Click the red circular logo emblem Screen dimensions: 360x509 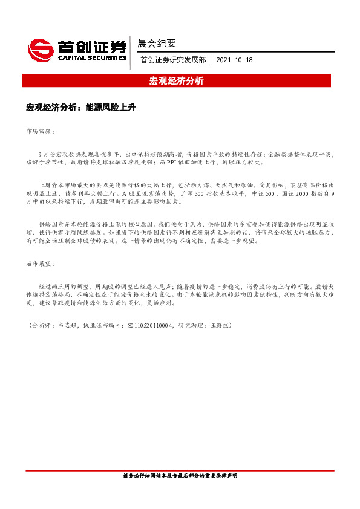(41, 49)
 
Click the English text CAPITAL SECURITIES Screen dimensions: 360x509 (91, 58)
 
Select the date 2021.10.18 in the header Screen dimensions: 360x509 (234, 60)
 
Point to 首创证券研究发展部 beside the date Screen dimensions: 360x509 (173, 60)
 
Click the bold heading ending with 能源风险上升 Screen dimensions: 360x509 (81, 108)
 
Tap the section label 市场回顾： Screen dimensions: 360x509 (41, 131)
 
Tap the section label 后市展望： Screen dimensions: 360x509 (41, 265)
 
